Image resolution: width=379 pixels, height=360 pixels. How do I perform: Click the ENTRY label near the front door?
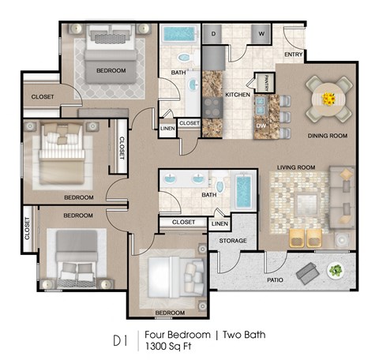(x=294, y=54)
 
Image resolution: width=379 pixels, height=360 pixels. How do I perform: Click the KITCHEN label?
(x=238, y=95)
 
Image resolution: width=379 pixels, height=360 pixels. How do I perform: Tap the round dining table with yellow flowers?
(x=328, y=99)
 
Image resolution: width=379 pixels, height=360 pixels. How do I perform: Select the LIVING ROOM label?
(x=296, y=167)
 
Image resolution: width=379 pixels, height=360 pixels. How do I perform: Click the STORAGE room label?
(x=234, y=241)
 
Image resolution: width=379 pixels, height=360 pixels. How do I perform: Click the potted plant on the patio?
(x=336, y=271)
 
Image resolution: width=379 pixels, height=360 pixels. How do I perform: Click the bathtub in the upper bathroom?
(x=180, y=35)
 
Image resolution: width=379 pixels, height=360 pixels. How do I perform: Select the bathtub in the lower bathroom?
(x=242, y=192)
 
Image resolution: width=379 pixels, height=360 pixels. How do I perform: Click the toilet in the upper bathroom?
(x=183, y=58)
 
